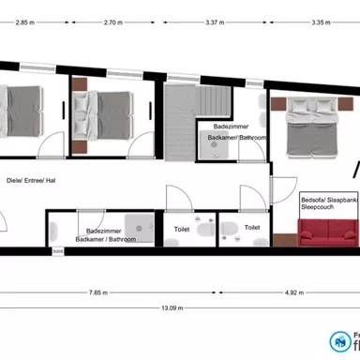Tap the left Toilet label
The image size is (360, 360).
click(182, 227)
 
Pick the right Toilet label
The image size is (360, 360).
click(252, 227)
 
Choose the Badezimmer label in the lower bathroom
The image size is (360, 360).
click(103, 230)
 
